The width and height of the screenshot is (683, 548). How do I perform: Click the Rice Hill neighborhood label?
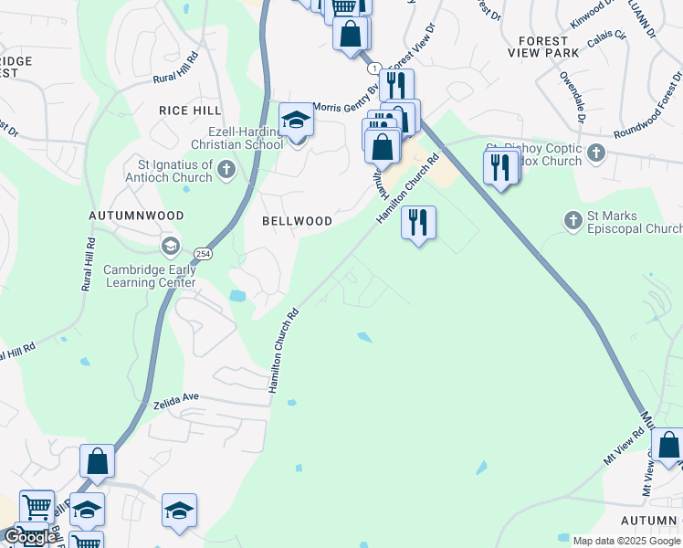pos(190,111)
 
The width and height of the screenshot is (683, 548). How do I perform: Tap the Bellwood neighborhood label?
pos(297,221)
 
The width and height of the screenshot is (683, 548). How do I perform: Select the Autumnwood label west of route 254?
pos(136,216)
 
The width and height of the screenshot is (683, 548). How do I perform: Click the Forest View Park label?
pos(556,47)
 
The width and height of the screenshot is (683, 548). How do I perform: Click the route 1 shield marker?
pos(373,68)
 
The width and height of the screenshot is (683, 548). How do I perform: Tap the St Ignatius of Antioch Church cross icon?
pos(226,169)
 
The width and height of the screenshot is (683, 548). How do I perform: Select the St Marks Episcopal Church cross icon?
pos(573,220)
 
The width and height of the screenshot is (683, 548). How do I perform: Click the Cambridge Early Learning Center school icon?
pos(170,247)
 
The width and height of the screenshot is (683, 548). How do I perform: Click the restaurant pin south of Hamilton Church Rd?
pos(418,222)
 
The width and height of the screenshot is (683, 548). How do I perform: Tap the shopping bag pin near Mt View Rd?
pos(668,447)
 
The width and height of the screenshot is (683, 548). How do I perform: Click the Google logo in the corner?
pos(30,537)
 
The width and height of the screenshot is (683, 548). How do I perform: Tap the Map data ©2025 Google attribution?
pos(626,541)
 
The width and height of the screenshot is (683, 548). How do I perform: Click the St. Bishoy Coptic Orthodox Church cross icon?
pos(596,152)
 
